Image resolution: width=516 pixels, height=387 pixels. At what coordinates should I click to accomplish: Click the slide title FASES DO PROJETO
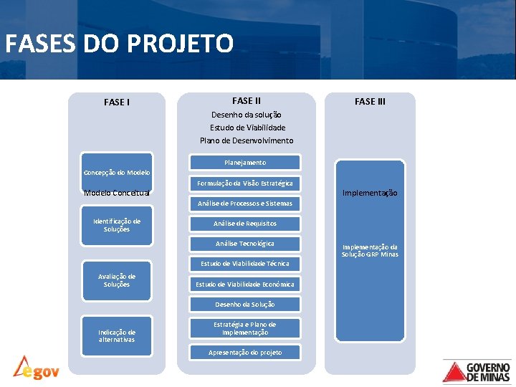point(119,44)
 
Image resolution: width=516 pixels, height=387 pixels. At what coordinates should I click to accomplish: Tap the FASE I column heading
point(117,102)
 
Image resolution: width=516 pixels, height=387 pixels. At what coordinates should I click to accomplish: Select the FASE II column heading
point(247,101)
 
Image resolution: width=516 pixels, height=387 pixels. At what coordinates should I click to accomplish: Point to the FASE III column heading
point(370,101)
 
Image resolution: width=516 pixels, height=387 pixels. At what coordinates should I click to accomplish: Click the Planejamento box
point(245,163)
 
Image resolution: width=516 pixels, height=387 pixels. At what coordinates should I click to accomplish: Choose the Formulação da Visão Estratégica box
point(245,183)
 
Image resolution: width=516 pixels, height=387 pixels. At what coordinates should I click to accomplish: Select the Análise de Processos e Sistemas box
point(245,204)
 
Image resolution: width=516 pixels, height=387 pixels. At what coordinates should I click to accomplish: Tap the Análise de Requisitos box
point(245,224)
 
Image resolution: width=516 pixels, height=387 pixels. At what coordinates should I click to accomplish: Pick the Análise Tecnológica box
point(245,244)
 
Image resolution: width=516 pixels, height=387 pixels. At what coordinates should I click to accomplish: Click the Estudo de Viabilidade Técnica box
point(245,264)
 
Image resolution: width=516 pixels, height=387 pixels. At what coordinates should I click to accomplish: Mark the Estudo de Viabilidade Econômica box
point(245,285)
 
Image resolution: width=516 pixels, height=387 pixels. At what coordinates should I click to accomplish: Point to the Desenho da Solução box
point(245,305)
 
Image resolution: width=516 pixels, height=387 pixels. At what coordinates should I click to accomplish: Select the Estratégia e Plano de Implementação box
point(245,328)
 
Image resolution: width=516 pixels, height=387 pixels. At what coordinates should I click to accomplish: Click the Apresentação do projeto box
point(245,353)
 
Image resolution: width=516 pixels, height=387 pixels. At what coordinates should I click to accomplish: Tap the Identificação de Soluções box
point(117,225)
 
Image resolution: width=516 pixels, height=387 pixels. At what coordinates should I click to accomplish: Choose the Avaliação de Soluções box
point(117,280)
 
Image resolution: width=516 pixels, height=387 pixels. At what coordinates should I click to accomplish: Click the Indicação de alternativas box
point(117,335)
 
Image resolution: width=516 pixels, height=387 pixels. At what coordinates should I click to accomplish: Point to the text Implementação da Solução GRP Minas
point(370,250)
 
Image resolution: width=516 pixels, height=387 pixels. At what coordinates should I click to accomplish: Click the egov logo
point(36,368)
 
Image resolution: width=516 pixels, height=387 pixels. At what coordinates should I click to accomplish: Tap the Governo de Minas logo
point(477,371)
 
